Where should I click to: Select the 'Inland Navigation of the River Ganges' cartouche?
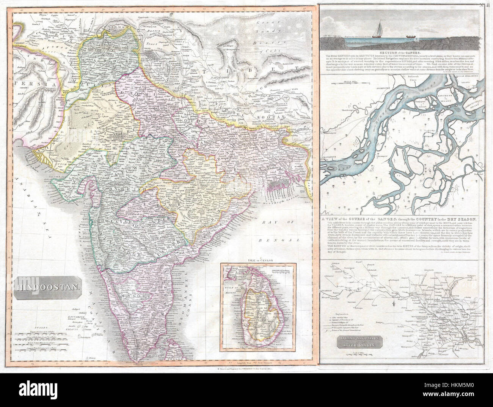coord(355,345)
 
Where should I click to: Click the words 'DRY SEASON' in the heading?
coord(460,219)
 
